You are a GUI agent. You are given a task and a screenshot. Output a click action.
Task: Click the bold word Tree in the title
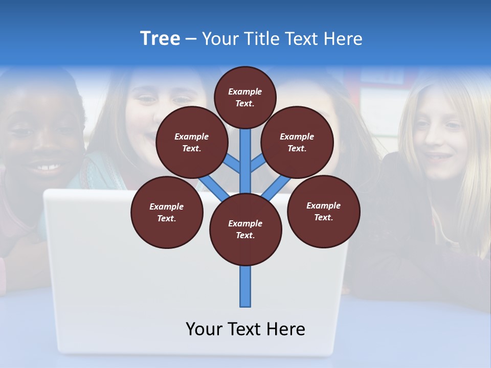coord(160,38)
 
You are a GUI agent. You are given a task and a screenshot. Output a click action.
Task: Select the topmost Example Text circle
coord(245,97)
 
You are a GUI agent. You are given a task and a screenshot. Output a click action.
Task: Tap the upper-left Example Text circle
coord(191,142)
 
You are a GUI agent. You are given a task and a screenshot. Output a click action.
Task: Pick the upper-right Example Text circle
coord(297,142)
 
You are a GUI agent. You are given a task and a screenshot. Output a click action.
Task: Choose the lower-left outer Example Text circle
coord(167,212)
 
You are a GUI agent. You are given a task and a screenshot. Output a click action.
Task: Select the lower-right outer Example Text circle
coord(323,211)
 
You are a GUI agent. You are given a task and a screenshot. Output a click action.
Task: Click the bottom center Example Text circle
coord(245,229)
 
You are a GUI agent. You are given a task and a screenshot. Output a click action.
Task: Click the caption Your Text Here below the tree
coord(245,329)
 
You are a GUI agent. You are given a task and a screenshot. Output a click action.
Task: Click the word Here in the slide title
coord(343,39)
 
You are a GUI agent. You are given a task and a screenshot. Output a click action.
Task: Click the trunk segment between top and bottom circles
coord(245,164)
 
